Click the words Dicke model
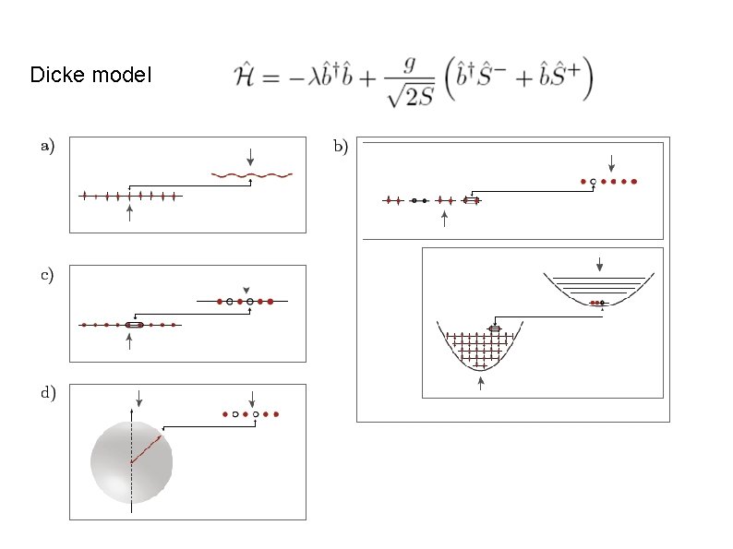point(90,75)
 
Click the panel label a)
point(46,144)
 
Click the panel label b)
point(340,146)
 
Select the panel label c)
point(46,274)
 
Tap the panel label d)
point(46,392)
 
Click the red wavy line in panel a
point(252,173)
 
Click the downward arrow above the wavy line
point(250,156)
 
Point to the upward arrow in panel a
point(129,214)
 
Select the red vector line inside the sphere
point(146,449)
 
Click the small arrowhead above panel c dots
point(246,290)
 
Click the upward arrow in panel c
point(129,341)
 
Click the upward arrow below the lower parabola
point(480,383)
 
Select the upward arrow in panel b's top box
point(445,218)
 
